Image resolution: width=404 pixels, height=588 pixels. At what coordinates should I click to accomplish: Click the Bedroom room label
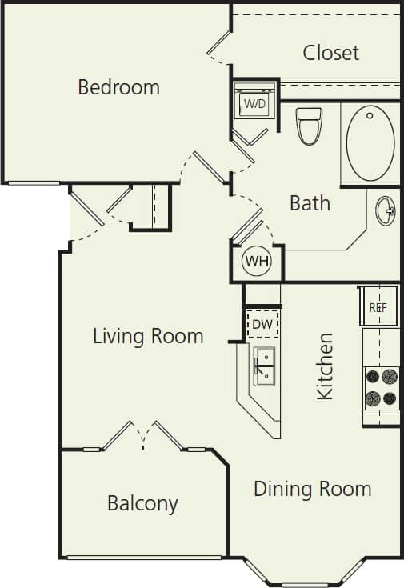click(118, 86)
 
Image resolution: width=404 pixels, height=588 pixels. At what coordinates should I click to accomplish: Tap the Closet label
click(330, 53)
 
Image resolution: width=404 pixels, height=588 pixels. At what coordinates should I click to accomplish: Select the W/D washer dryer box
click(254, 103)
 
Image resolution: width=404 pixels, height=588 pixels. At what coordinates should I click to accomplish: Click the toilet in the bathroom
click(309, 126)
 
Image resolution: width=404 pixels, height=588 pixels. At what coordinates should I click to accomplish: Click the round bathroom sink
click(386, 211)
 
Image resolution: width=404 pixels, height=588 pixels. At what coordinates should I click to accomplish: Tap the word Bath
click(310, 203)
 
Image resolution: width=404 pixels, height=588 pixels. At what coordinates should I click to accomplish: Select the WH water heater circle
click(257, 262)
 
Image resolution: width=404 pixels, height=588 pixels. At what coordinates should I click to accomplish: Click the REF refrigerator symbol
click(378, 306)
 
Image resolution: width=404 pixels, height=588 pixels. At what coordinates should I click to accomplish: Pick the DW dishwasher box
click(262, 323)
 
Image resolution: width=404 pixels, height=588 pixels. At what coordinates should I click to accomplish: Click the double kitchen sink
click(265, 366)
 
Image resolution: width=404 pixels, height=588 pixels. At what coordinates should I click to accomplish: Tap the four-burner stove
click(381, 387)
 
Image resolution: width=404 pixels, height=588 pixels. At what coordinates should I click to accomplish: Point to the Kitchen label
click(325, 366)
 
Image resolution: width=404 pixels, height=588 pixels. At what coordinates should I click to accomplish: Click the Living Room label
click(148, 335)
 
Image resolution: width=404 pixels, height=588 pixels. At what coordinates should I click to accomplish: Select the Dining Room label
click(312, 488)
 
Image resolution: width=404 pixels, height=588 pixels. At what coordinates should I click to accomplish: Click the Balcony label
click(142, 503)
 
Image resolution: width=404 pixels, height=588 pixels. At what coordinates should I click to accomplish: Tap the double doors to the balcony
click(143, 437)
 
